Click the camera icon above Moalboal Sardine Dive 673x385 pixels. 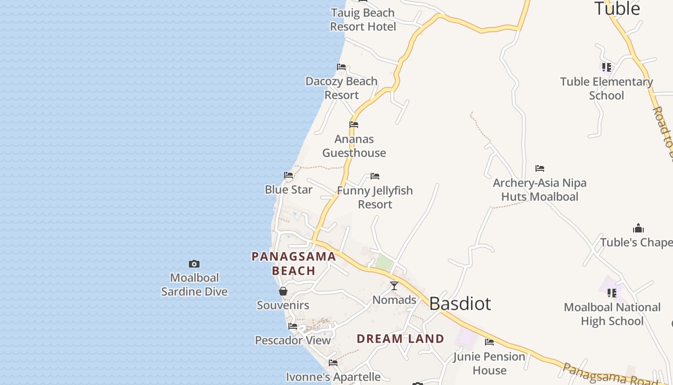[x=194, y=264]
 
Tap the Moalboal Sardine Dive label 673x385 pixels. [x=194, y=284]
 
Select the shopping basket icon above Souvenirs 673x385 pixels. [x=283, y=291]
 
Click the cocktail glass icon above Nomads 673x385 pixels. [x=394, y=286]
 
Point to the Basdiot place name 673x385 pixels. [x=460, y=304]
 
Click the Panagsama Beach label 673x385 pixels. [x=294, y=263]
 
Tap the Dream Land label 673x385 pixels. [x=400, y=339]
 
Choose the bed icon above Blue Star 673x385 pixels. [x=288, y=175]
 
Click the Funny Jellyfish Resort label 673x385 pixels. [x=375, y=197]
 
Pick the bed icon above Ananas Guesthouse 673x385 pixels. [x=354, y=125]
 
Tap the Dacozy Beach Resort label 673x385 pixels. [x=341, y=88]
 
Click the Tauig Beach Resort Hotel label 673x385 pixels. [x=363, y=20]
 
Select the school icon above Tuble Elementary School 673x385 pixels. [x=607, y=67]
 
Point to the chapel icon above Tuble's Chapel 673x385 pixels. [x=638, y=228]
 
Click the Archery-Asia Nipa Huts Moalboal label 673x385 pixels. [x=539, y=190]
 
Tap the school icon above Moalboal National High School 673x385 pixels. [x=612, y=293]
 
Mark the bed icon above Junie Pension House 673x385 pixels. [x=489, y=342]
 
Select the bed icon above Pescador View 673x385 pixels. [x=293, y=326]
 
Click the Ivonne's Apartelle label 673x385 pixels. [x=333, y=376]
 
